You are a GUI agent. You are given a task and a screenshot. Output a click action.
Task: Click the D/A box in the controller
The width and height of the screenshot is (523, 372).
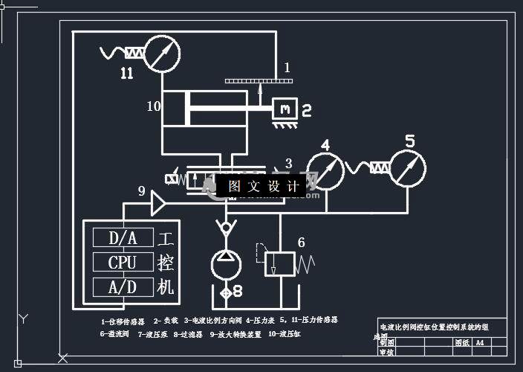(x=123, y=238)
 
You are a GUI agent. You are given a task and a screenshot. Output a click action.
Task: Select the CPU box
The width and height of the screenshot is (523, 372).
(x=123, y=263)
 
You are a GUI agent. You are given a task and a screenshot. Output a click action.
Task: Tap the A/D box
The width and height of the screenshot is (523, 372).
(x=123, y=286)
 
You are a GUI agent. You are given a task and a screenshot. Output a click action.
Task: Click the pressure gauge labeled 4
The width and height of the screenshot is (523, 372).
(x=325, y=170)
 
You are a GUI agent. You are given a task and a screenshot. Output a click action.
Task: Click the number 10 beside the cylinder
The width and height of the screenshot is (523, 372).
(x=153, y=106)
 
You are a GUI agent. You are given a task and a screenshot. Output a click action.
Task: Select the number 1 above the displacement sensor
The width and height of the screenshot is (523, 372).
(x=287, y=68)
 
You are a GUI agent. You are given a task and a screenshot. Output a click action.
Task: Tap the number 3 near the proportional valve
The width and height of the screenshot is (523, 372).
(x=288, y=163)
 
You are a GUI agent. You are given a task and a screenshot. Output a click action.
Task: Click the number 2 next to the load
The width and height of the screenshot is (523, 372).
(x=306, y=111)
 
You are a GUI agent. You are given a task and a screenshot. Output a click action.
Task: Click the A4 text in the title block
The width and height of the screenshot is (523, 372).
(x=480, y=343)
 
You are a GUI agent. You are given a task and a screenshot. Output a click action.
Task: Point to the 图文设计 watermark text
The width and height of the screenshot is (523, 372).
(x=263, y=186)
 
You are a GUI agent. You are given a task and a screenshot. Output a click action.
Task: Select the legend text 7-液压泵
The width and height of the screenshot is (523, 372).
(x=149, y=334)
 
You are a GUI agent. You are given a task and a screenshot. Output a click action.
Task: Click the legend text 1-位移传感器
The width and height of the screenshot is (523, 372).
(x=123, y=321)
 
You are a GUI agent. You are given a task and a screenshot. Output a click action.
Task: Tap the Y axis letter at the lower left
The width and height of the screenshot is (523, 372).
(x=23, y=318)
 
